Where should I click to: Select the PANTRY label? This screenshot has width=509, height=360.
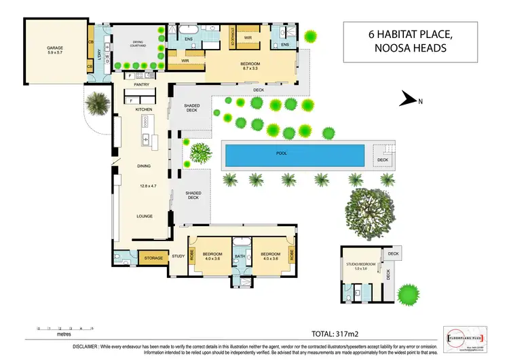coord(142,85)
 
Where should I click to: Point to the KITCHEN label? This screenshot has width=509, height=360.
coord(143,109)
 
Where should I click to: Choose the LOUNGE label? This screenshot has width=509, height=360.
coord(143,217)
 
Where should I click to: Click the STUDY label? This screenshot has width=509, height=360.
coord(178,256)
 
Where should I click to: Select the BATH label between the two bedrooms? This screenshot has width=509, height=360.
coord(239,256)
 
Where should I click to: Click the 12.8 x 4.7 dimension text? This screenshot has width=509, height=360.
coord(143,185)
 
